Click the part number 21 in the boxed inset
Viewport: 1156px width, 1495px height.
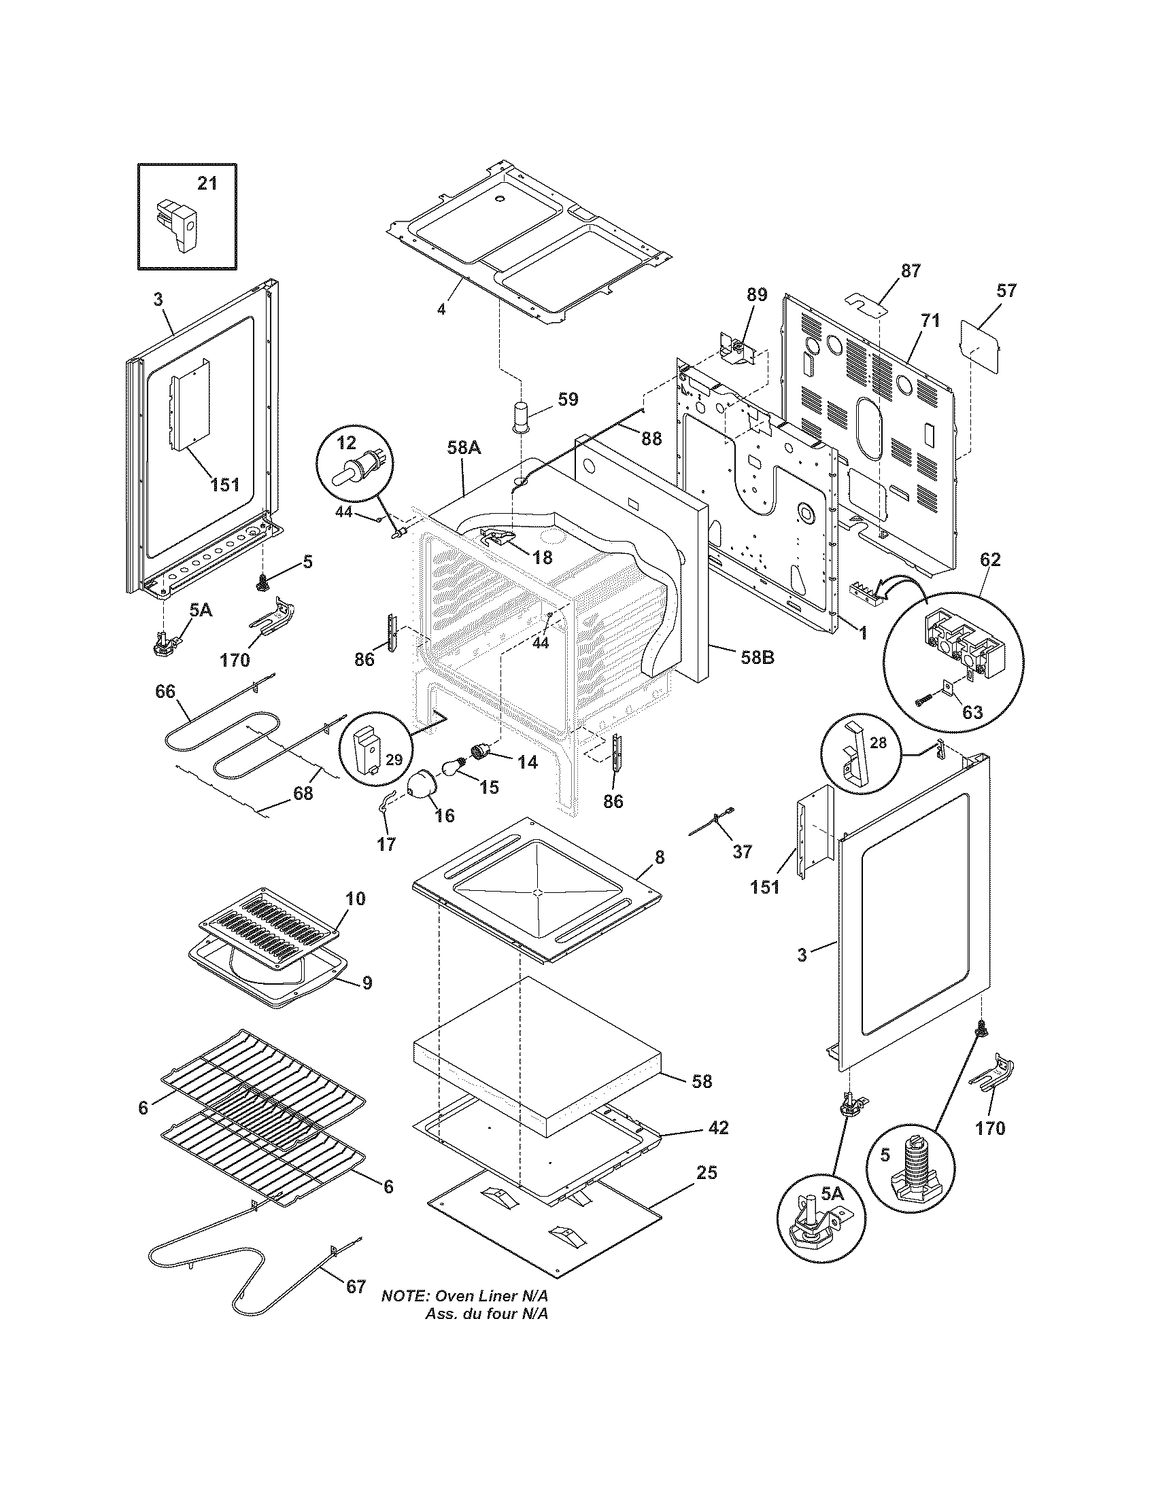point(207,183)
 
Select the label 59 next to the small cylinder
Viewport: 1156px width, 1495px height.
point(568,399)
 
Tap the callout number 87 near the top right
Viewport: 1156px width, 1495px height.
point(911,271)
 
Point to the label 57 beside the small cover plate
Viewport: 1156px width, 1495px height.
point(1006,291)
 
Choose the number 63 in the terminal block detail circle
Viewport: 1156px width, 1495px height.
point(972,712)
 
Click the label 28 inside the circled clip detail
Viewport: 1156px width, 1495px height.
point(879,743)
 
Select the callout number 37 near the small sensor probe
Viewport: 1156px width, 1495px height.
point(743,851)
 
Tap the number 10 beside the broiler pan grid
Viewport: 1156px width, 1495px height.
point(355,898)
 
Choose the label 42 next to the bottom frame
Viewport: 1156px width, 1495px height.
point(718,1127)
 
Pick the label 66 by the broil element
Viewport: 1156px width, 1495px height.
point(165,691)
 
